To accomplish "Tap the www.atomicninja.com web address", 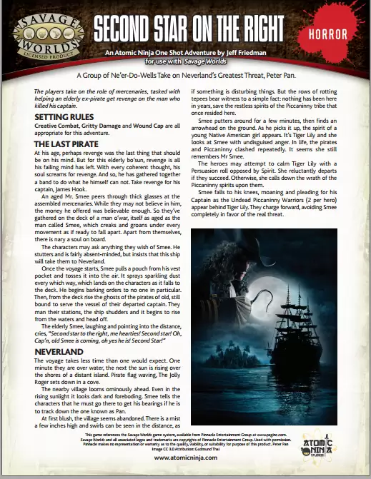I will click(x=185, y=458).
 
